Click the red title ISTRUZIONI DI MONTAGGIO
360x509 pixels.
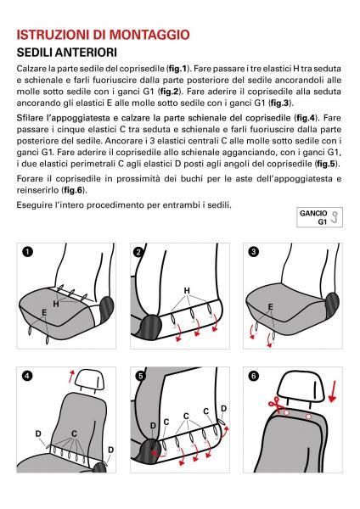coord(103,35)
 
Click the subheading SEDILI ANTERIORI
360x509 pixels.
coord(66,53)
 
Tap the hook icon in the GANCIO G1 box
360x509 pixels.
coord(335,217)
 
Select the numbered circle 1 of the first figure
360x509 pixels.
coord(28,252)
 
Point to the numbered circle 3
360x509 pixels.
coord(254,252)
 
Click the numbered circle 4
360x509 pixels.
coord(28,376)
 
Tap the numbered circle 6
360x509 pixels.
coord(254,376)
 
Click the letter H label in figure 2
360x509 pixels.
coord(187,290)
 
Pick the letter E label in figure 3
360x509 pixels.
coord(270,307)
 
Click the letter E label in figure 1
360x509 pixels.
coord(44,313)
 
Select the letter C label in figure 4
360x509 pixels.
coord(74,433)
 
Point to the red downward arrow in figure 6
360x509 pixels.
coord(332,391)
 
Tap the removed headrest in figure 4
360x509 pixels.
coord(90,380)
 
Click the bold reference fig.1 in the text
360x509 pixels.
coord(177,69)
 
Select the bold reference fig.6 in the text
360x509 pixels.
coord(73,190)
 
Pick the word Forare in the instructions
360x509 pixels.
coord(30,179)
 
